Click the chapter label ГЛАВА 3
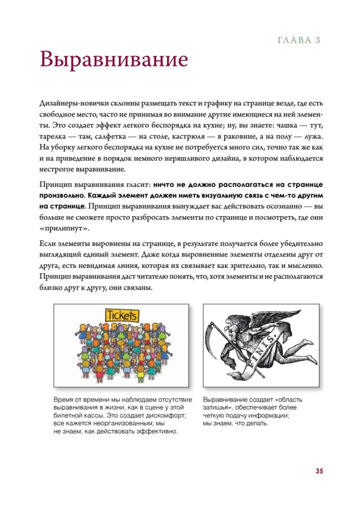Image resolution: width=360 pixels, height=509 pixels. pyautogui.click(x=299, y=40)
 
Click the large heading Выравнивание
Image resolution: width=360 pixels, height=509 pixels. pyautogui.click(x=114, y=59)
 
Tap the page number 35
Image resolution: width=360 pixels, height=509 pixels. pyautogui.click(x=319, y=471)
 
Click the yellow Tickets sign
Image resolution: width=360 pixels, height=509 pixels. pyautogui.click(x=122, y=316)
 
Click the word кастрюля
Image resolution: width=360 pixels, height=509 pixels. pyautogui.click(x=188, y=137)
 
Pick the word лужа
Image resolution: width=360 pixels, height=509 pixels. pyautogui.click(x=313, y=137)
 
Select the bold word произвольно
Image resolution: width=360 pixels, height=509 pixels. pyautogui.click(x=61, y=196)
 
